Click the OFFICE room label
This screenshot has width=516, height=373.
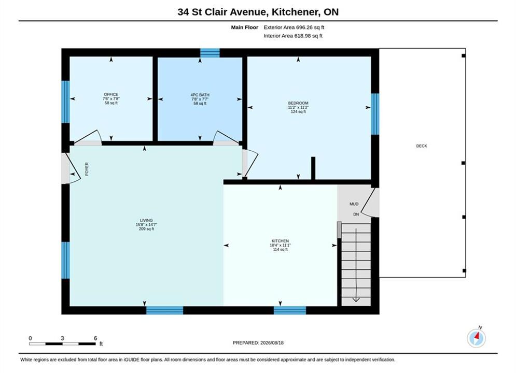111,95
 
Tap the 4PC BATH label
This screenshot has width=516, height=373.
200,95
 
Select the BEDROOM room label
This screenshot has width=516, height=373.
298,103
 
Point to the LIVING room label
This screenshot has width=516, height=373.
146,221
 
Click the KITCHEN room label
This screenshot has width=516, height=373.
280,241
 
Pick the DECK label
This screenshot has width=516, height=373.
422,146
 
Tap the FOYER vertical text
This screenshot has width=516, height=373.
87,169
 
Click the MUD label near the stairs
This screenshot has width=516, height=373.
354,204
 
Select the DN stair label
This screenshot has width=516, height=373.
356,214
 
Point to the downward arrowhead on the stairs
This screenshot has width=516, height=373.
356,299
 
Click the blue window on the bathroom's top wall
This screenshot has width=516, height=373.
210,52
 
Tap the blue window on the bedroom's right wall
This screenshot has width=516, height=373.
375,114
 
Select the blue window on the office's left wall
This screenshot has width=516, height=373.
66,102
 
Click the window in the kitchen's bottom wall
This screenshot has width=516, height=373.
289,310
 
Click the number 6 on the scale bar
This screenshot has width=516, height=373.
95,338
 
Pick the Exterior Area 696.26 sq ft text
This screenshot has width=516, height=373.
294,27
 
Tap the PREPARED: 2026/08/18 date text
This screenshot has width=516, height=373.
258,343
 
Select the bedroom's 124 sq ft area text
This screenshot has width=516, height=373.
298,112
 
